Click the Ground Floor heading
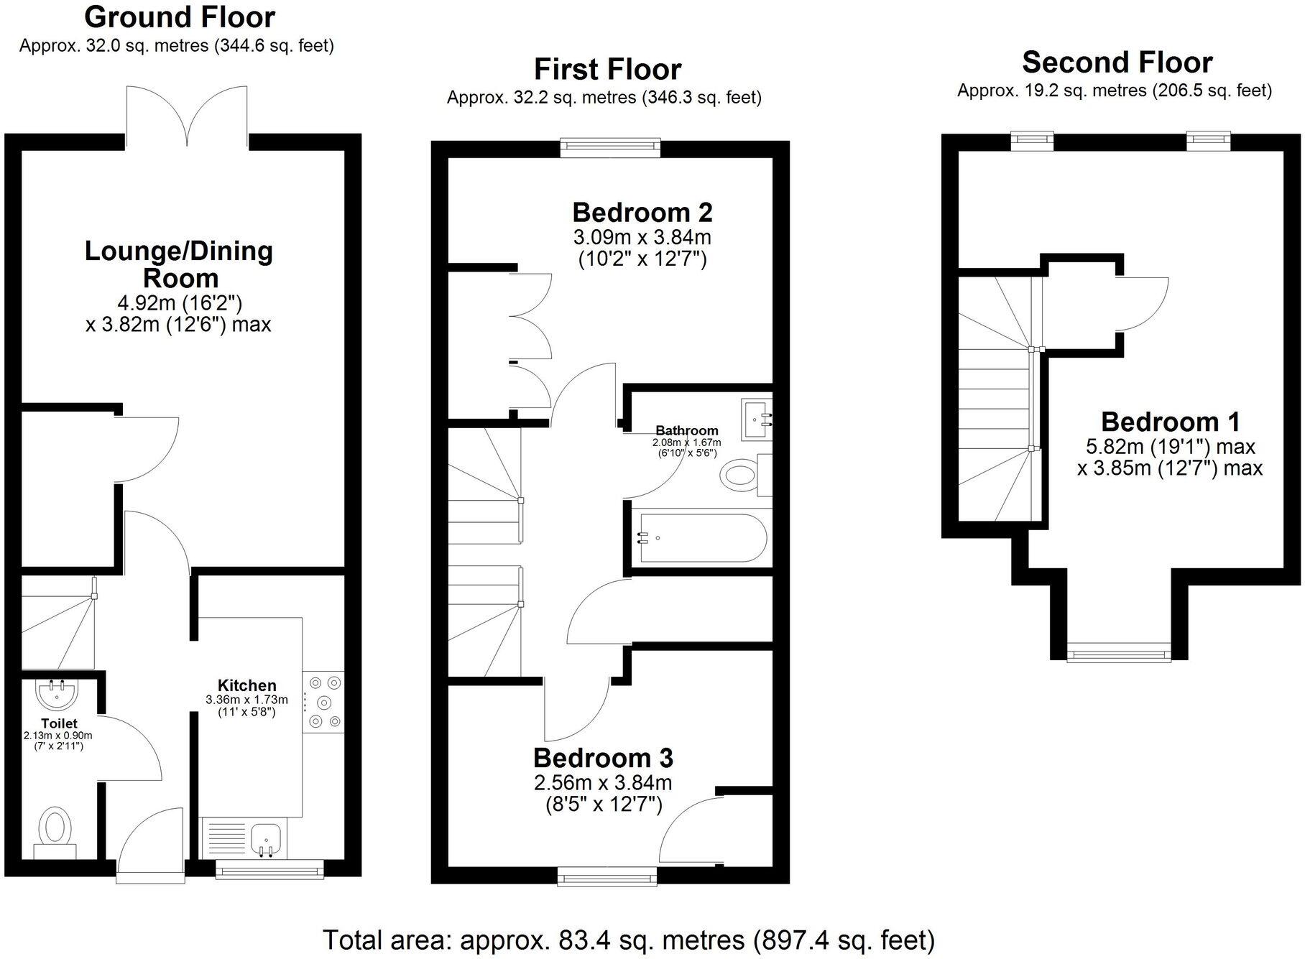coord(180,17)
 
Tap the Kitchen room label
coord(246,685)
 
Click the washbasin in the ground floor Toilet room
coord(55,693)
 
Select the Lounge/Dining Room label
coord(179,264)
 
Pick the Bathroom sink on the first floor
coord(756,418)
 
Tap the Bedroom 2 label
coord(642,213)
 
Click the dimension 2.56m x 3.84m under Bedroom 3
coord(602,782)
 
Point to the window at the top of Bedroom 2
coord(610,148)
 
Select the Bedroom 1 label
coord(1170,422)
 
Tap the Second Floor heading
coord(1117,63)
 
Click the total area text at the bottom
coord(629,940)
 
